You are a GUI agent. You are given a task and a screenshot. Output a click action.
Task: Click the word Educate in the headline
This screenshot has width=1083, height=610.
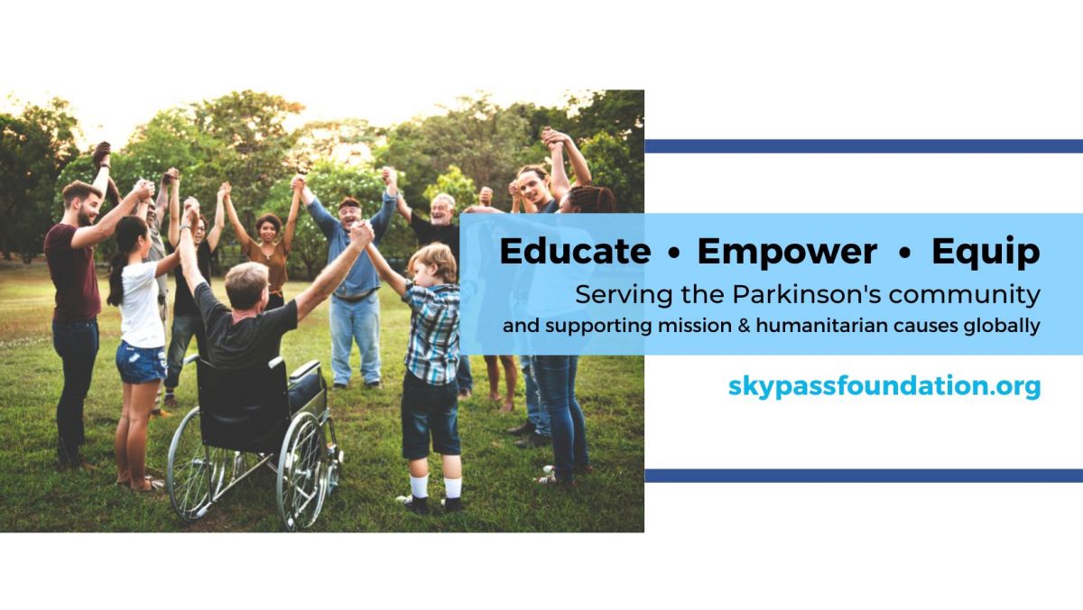[x=576, y=252]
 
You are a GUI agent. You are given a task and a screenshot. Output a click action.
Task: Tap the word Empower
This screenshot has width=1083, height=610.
[x=787, y=252]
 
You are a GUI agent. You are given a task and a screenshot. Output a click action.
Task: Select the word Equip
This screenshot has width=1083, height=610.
[x=986, y=253]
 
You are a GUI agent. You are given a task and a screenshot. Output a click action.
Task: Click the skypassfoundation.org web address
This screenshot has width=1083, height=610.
[x=884, y=387]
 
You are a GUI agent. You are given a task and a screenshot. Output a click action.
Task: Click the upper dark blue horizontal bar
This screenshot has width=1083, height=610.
[x=864, y=146]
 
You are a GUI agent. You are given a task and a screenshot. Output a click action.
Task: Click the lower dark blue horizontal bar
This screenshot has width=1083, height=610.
[x=864, y=476]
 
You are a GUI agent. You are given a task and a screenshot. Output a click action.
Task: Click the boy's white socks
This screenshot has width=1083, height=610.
[x=436, y=486]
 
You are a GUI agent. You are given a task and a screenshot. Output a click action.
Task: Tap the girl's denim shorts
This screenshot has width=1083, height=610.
[x=140, y=362]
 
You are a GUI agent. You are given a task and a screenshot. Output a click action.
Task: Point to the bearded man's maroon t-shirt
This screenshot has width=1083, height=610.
[x=72, y=273]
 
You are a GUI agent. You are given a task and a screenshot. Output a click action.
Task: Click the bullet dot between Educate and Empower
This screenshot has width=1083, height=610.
[x=674, y=254]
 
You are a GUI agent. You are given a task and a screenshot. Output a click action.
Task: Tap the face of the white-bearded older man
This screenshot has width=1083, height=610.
[x=441, y=211]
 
